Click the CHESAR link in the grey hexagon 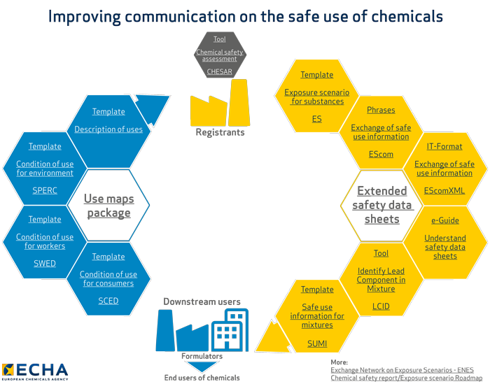(219, 71)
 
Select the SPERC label (45, 190)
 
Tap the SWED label (45, 264)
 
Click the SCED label (108, 301)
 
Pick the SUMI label (317, 343)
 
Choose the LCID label (381, 306)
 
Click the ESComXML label (444, 190)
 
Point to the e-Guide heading (444, 220)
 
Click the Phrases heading (381, 110)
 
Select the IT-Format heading (444, 147)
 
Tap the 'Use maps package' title (108, 206)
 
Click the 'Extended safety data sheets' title (381, 205)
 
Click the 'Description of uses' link (108, 129)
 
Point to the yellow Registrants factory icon (220, 105)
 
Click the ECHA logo (35, 370)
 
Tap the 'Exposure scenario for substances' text (317, 97)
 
